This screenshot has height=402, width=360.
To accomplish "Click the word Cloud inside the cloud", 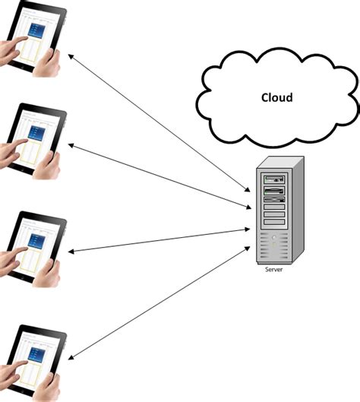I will click(x=276, y=98).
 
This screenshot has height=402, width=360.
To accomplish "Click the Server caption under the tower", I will click(x=274, y=269).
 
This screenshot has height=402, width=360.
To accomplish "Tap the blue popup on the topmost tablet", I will click(x=36, y=32).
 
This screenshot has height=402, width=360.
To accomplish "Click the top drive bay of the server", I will click(x=273, y=179).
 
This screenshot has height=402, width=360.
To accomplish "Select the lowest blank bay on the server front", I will click(x=273, y=222).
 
